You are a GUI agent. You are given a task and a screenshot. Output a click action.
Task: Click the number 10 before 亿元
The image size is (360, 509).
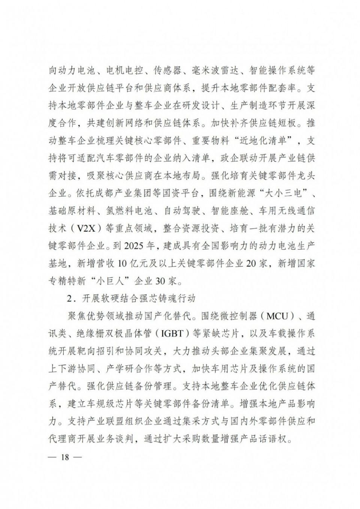click(x=123, y=263)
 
